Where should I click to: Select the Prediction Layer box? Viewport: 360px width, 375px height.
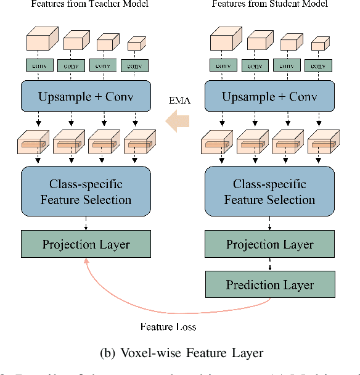click(x=269, y=285)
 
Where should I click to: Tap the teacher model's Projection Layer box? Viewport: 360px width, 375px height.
click(x=86, y=244)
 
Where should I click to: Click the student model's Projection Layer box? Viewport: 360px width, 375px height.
click(x=269, y=244)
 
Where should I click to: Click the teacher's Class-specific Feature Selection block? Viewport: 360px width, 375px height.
click(x=86, y=191)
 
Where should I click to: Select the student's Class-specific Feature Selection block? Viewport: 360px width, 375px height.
click(x=269, y=191)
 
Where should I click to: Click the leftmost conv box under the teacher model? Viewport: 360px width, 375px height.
click(x=38, y=65)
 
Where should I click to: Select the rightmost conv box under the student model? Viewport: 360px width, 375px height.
click(x=318, y=65)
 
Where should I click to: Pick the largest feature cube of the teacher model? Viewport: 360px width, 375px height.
click(x=38, y=41)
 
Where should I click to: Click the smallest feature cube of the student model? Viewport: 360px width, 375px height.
click(x=318, y=44)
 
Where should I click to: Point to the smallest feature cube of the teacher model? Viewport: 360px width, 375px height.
click(x=135, y=44)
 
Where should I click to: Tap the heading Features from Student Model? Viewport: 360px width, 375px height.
click(x=269, y=4)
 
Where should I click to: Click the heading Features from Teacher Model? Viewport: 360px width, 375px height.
click(x=86, y=4)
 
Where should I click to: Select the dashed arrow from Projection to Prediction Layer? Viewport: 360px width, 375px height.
click(x=269, y=265)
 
